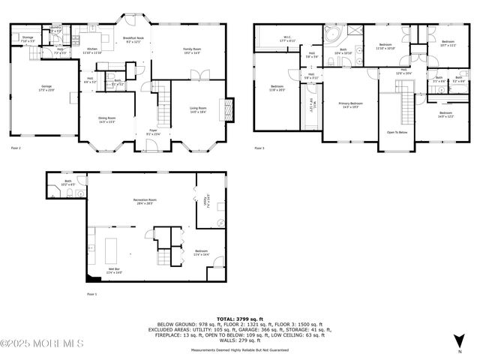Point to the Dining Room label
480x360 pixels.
click(x=107, y=119)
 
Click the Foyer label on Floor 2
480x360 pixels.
click(x=152, y=132)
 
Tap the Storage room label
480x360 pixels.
click(x=28, y=38)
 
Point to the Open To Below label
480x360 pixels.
click(x=397, y=132)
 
